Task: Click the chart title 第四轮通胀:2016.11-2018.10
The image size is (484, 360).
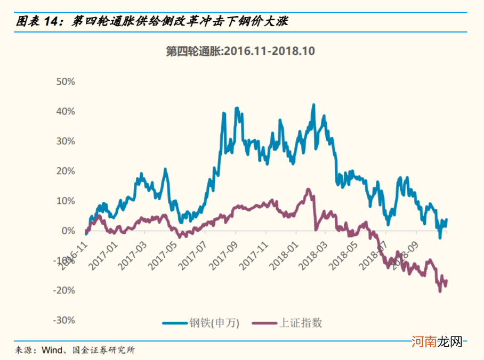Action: tap(240, 51)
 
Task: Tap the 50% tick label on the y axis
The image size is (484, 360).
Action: tap(64, 82)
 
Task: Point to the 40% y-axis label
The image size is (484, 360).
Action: tap(64, 112)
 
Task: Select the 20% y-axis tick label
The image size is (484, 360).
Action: tap(64, 171)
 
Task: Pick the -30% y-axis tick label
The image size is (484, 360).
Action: tap(63, 321)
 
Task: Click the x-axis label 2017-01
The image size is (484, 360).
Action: tap(104, 257)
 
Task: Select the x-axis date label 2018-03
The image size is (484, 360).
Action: tap(313, 257)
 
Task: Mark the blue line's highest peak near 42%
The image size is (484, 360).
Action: tap(313, 105)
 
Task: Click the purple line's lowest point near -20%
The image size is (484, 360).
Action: tap(440, 291)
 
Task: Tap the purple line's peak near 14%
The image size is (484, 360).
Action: tap(308, 189)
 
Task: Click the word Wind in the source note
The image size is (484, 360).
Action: tap(52, 350)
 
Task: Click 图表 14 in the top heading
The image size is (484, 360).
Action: tap(36, 21)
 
